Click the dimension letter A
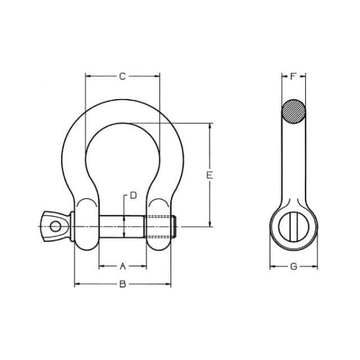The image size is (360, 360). pyautogui.click(x=123, y=266)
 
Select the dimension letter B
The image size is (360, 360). pyautogui.click(x=123, y=284)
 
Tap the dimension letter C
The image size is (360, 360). pyautogui.click(x=122, y=76)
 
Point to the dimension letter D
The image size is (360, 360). pyautogui.click(x=133, y=196)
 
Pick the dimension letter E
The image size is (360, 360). pyautogui.click(x=209, y=175)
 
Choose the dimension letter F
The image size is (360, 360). pyautogui.click(x=293, y=76)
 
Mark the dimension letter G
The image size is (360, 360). pyautogui.click(x=293, y=266)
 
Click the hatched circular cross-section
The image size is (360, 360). pyautogui.click(x=293, y=112)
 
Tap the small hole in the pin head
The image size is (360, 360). pyautogui.click(x=56, y=227)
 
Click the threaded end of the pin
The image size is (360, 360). pyautogui.click(x=160, y=227)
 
